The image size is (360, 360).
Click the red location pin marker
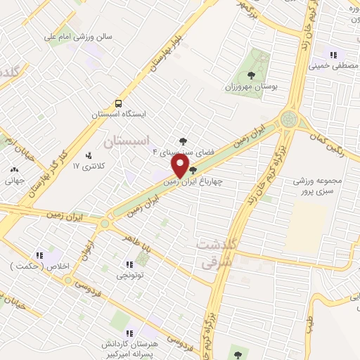(x=180, y=165)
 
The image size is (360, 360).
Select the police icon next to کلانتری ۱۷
(x=88, y=155)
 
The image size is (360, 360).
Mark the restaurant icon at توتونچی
(x=129, y=265)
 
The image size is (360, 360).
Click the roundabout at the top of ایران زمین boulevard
(x=288, y=120)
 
